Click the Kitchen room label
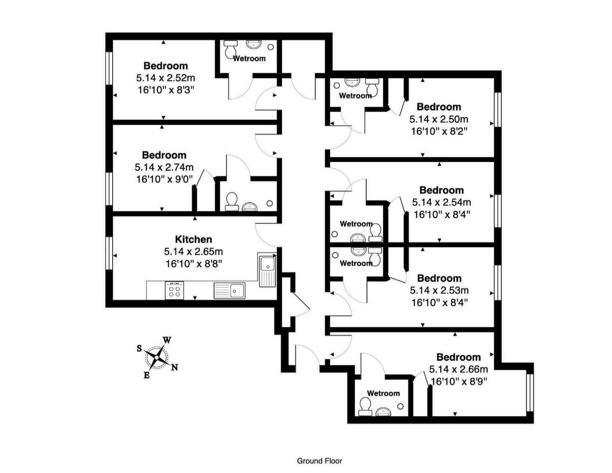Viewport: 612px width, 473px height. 193,239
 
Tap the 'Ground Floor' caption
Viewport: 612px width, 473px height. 320,461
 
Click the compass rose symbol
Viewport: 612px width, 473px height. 157,356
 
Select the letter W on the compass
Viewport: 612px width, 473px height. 167,340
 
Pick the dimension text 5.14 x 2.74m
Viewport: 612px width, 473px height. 164,167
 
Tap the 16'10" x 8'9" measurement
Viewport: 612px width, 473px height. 458,381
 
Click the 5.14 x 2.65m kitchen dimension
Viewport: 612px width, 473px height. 193,251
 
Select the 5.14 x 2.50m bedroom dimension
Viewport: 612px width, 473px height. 439,119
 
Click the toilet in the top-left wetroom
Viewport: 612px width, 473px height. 231,48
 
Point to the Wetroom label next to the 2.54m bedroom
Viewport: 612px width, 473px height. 356,224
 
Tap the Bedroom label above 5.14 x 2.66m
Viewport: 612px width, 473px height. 458,357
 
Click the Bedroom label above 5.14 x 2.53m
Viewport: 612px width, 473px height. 439,278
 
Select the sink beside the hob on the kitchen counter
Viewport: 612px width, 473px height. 230,291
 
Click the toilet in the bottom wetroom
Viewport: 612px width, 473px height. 365,406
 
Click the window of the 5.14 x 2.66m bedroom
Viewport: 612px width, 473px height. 529,392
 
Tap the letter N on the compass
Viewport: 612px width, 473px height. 174,367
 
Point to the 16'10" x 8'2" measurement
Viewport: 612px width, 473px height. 439,130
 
